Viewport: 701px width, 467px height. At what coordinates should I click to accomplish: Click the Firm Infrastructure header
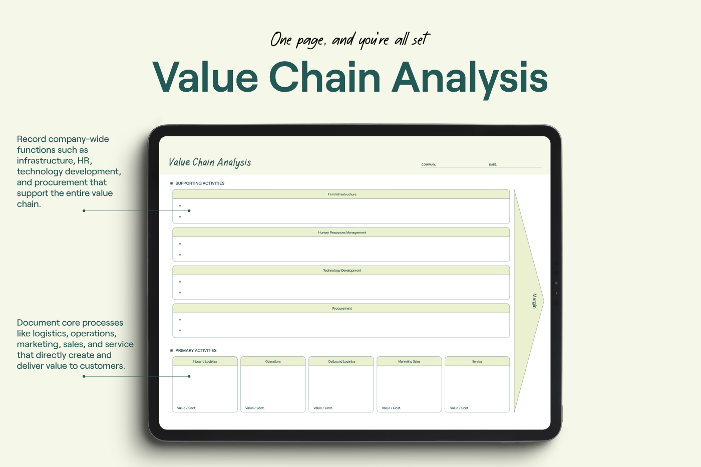[341, 194]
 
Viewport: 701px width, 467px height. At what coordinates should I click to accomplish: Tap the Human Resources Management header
[341, 232]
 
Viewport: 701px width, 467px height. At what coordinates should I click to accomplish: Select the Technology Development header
[341, 270]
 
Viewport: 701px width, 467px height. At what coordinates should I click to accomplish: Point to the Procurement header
[341, 309]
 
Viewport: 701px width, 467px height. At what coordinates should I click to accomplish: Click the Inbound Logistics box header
[205, 361]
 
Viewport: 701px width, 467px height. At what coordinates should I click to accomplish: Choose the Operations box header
[273, 361]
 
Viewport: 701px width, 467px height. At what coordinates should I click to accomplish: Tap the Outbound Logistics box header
[341, 361]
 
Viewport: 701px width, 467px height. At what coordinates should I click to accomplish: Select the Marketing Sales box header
[409, 361]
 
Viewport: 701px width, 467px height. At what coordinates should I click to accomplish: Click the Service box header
[477, 361]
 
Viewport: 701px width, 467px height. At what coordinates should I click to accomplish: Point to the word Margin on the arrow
[535, 301]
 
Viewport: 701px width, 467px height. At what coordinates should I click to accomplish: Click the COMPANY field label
[429, 164]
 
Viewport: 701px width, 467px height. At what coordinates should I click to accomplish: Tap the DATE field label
[493, 164]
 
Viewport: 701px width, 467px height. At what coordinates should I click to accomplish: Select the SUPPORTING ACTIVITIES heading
[200, 183]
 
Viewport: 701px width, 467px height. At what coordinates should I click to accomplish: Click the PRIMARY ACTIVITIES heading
[196, 350]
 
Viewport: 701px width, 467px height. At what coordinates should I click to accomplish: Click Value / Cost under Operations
[255, 408]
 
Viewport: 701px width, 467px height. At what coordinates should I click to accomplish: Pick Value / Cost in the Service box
[460, 408]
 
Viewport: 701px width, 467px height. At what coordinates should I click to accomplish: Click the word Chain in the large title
[324, 77]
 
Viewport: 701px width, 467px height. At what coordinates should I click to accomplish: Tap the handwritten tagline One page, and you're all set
[350, 40]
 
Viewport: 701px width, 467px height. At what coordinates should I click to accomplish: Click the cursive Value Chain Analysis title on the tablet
[210, 162]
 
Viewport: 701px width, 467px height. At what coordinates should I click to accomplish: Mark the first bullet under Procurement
[180, 320]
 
